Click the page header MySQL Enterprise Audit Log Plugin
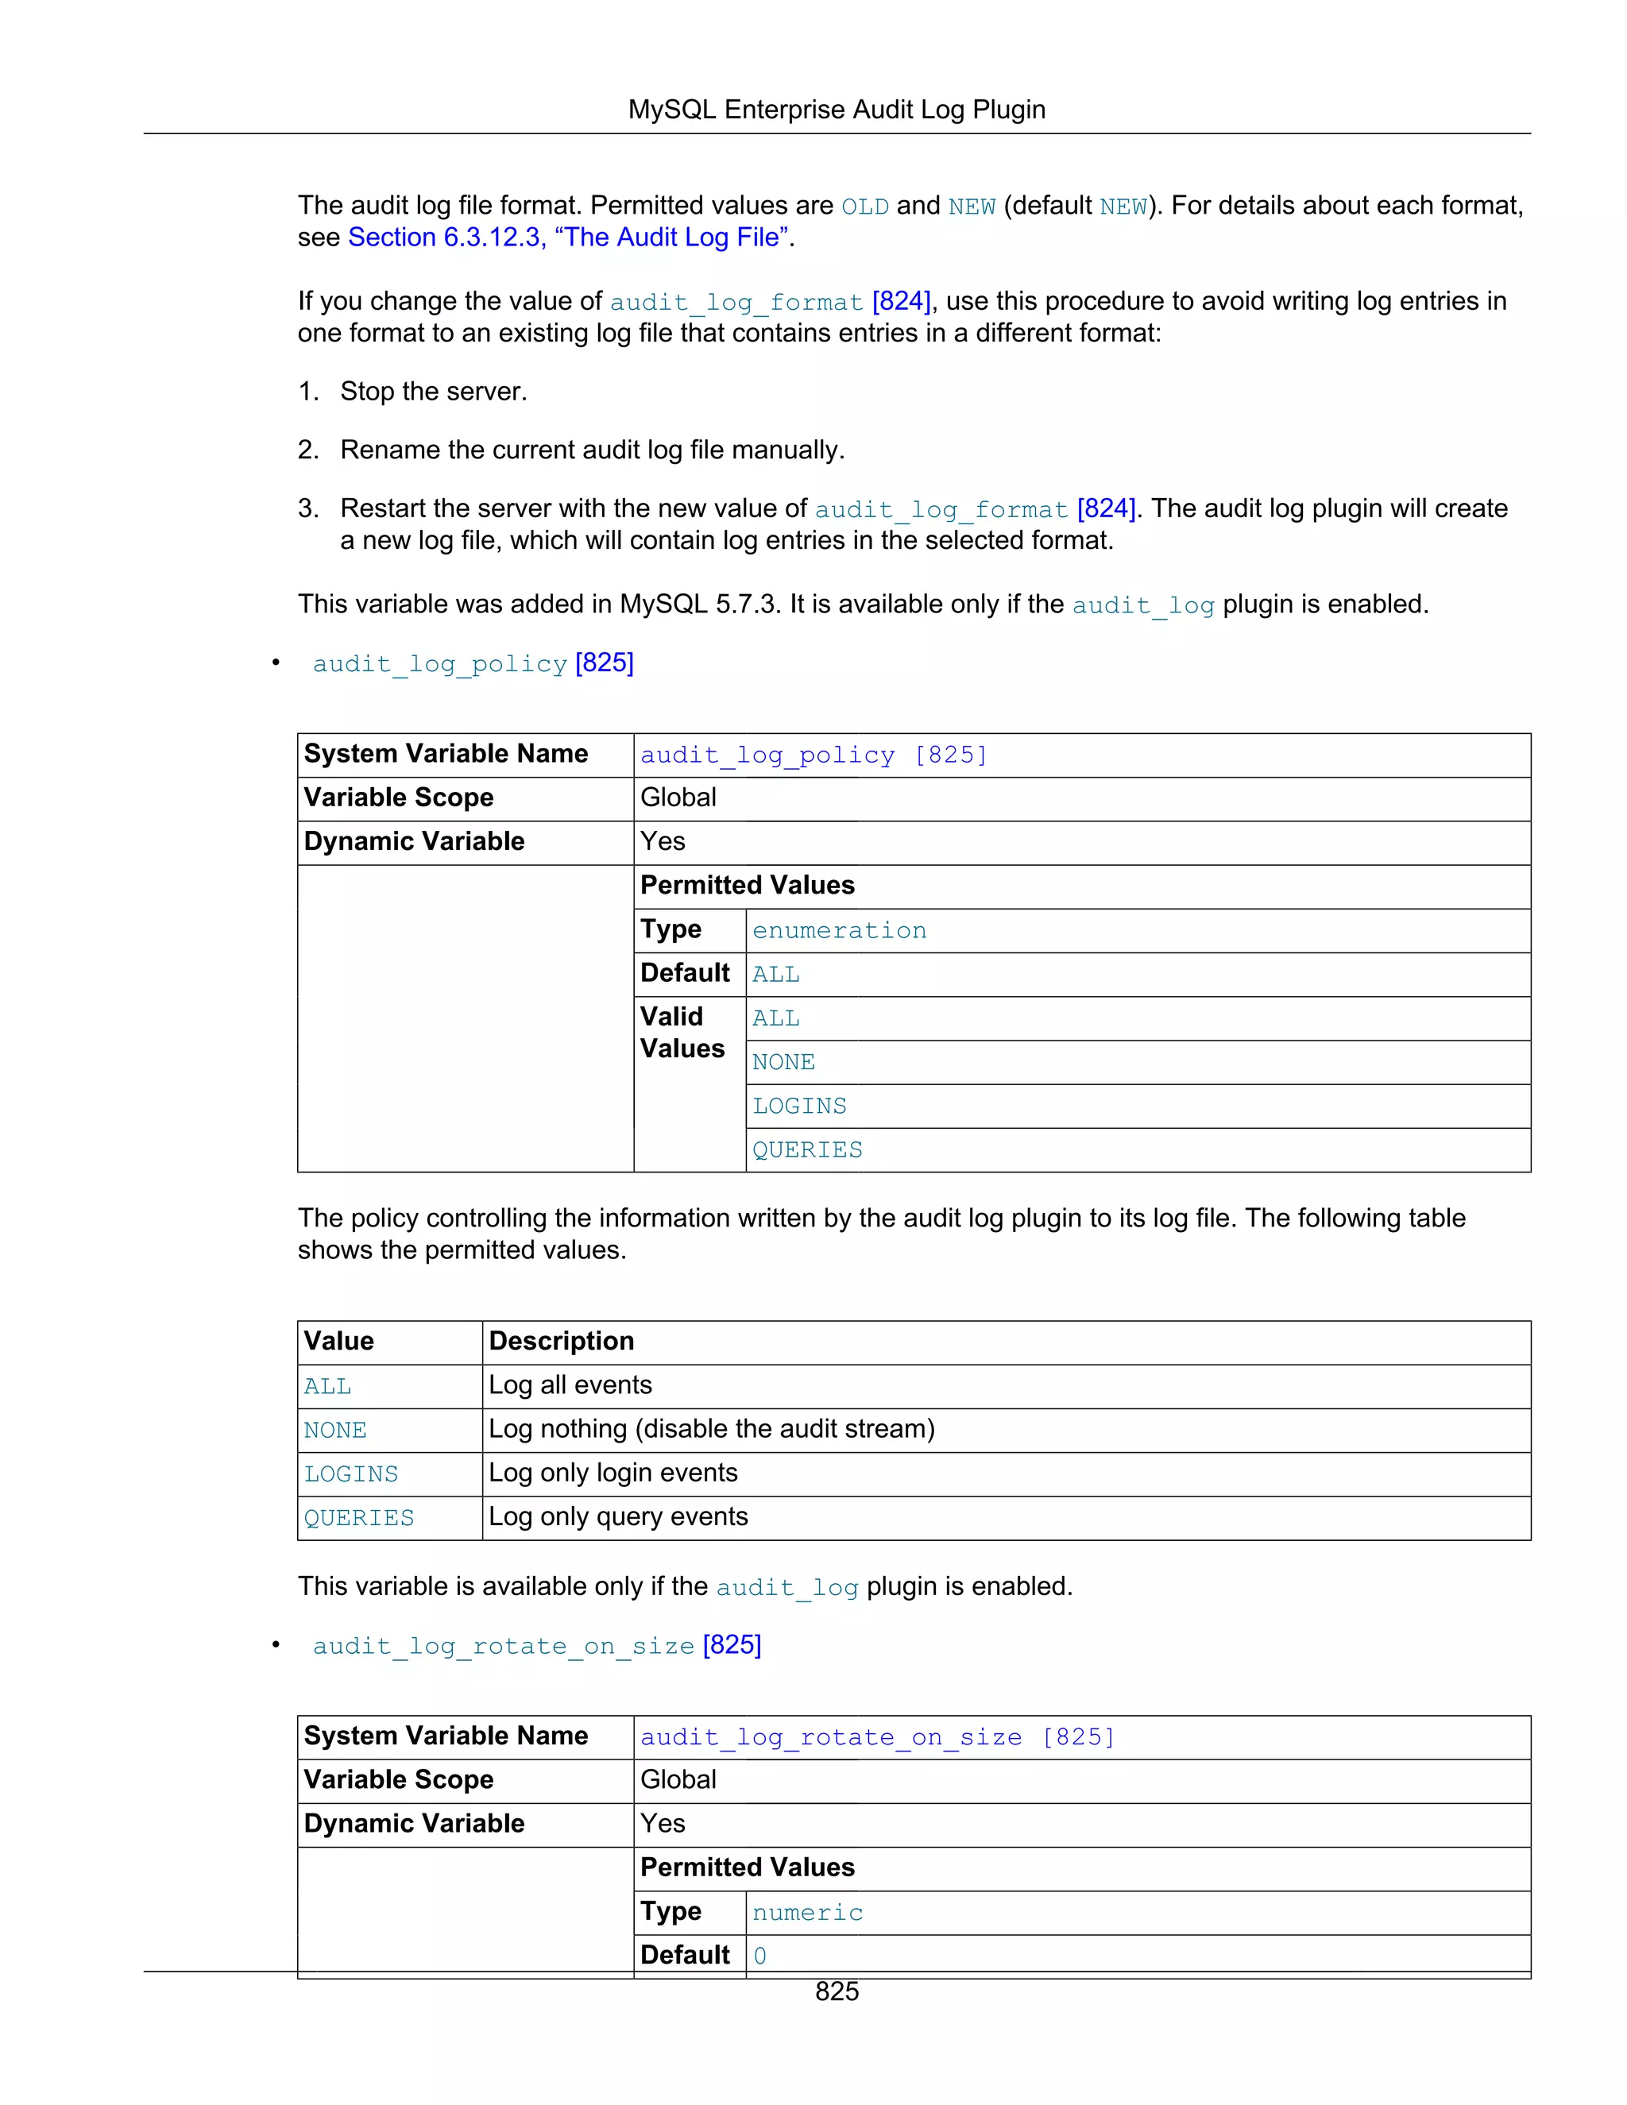[x=836, y=110]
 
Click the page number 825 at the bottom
[x=836, y=1991]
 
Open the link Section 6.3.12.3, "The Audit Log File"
[x=568, y=237]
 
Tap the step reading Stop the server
[x=433, y=392]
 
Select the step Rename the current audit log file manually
[x=592, y=450]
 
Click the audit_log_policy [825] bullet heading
[x=473, y=663]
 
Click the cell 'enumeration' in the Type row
[x=839, y=930]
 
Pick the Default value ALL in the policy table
[x=776, y=975]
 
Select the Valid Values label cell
[x=683, y=1033]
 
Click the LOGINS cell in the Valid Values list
[x=799, y=1107]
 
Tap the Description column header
[x=561, y=1341]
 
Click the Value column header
[x=338, y=1341]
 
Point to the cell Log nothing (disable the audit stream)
[x=711, y=1428]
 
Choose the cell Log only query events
[x=618, y=1516]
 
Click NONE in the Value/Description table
[x=334, y=1431]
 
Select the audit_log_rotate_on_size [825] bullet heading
[x=536, y=1645]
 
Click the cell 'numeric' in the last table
[x=807, y=1912]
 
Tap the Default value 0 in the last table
[x=759, y=1956]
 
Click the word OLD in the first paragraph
[x=864, y=207]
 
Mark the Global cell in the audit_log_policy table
[x=678, y=797]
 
